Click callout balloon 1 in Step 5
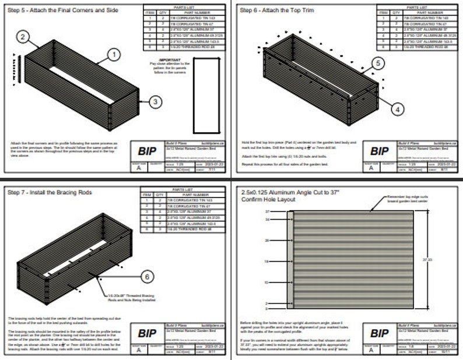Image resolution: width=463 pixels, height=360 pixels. pyautogui.click(x=114, y=54)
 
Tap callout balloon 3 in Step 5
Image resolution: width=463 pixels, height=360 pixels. pyautogui.click(x=155, y=101)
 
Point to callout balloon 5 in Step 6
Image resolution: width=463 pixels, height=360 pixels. pyautogui.click(x=377, y=63)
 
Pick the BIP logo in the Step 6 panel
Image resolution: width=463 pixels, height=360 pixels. pyautogui.click(x=380, y=151)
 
